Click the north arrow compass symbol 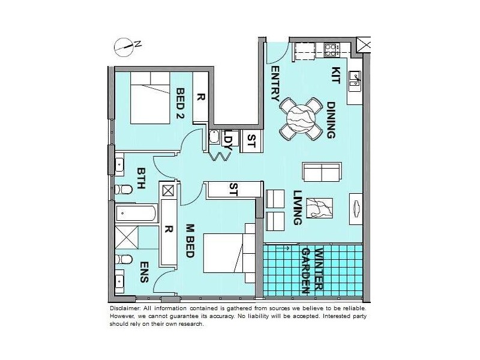[x=124, y=44]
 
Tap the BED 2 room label [x=180, y=102]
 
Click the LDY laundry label [x=228, y=140]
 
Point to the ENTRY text [x=275, y=84]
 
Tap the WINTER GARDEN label [x=313, y=270]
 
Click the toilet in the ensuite [x=124, y=260]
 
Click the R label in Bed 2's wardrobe [x=200, y=97]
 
